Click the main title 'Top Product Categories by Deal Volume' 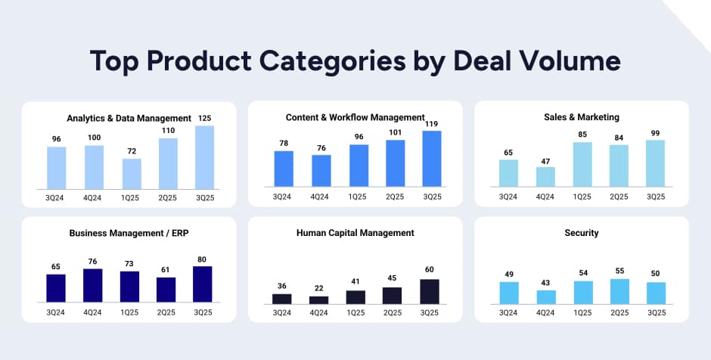click(355, 61)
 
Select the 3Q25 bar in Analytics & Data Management click(204, 157)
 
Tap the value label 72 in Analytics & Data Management click(132, 152)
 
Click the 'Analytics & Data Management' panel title click(129, 118)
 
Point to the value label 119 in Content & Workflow click(431, 123)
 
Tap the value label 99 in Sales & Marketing click(656, 133)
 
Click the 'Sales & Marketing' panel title click(582, 117)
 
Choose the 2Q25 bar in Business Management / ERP click(166, 290)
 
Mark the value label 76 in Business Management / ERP click(93, 262)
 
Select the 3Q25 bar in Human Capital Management click(430, 292)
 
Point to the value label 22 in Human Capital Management click(319, 289)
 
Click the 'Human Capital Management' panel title click(355, 233)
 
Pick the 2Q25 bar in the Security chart click(619, 291)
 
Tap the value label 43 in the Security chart click(545, 283)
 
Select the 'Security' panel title click(582, 233)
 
